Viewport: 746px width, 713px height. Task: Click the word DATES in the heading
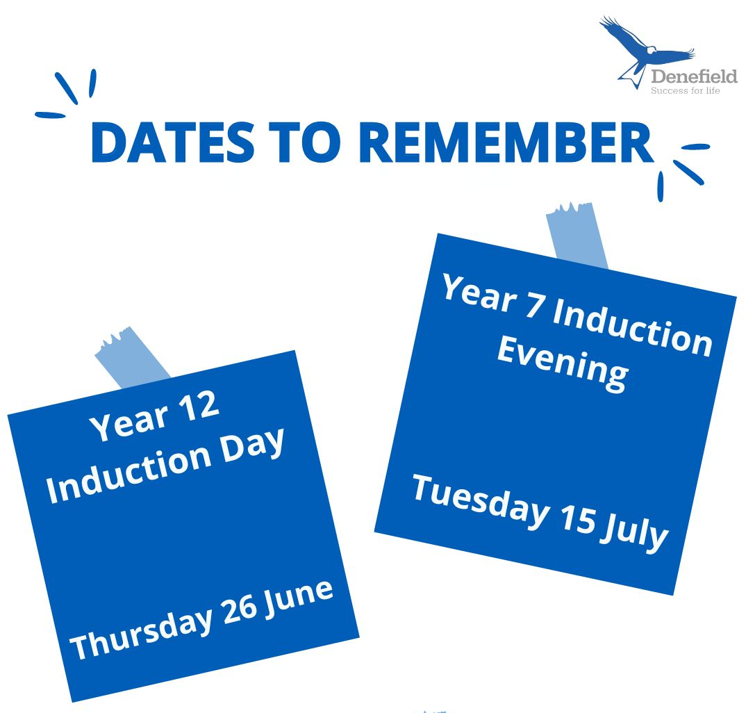pyautogui.click(x=173, y=142)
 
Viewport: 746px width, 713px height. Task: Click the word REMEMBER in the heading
pyautogui.click(x=506, y=142)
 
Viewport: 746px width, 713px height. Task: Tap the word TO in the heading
pyautogui.click(x=306, y=142)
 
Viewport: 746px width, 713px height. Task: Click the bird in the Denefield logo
pyautogui.click(x=647, y=51)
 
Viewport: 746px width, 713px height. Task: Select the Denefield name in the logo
pyautogui.click(x=694, y=76)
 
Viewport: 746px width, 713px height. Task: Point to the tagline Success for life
pyautogui.click(x=685, y=90)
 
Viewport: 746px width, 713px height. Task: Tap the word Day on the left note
pyautogui.click(x=254, y=445)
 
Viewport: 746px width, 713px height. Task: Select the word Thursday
pyautogui.click(x=141, y=632)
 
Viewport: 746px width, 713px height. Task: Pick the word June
pyautogui.click(x=299, y=594)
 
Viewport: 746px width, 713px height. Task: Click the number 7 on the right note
pyautogui.click(x=536, y=304)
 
